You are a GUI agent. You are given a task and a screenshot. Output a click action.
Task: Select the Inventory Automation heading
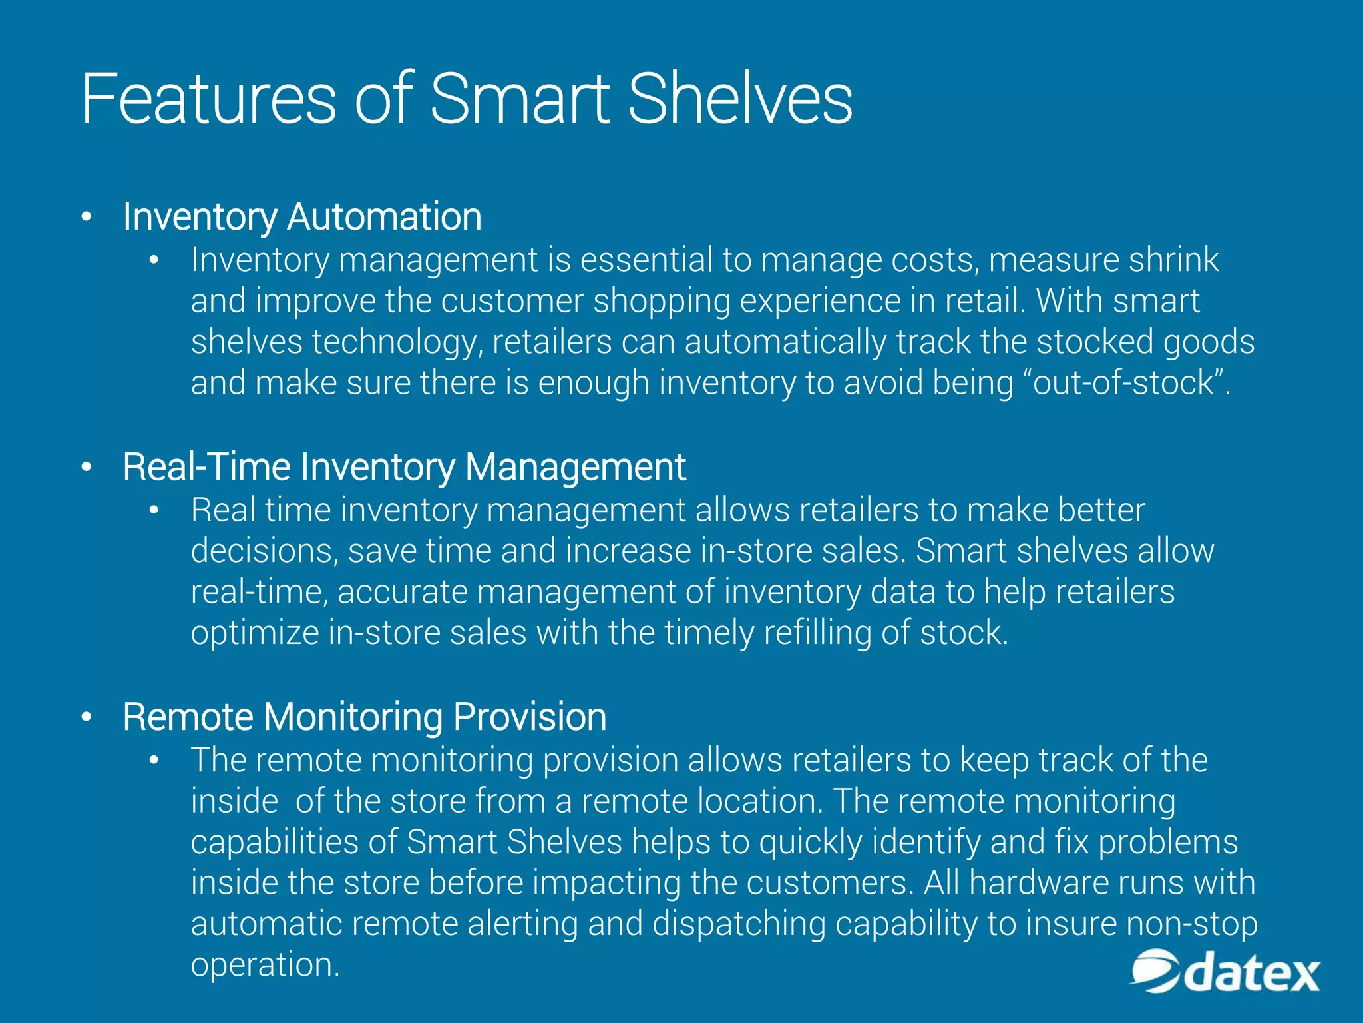pos(302,217)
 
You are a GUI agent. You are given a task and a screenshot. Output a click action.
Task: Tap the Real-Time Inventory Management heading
pos(404,467)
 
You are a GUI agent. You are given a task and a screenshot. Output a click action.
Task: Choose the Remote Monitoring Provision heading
pos(364,717)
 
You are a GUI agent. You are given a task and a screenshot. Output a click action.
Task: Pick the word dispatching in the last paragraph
pos(739,924)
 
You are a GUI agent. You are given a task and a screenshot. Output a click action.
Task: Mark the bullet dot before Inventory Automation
pos(86,218)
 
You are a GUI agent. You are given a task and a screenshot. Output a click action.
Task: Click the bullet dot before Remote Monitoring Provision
pos(86,718)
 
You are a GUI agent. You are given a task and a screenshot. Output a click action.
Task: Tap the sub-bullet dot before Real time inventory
pos(154,511)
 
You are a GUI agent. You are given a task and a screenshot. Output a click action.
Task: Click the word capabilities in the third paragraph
pos(274,842)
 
